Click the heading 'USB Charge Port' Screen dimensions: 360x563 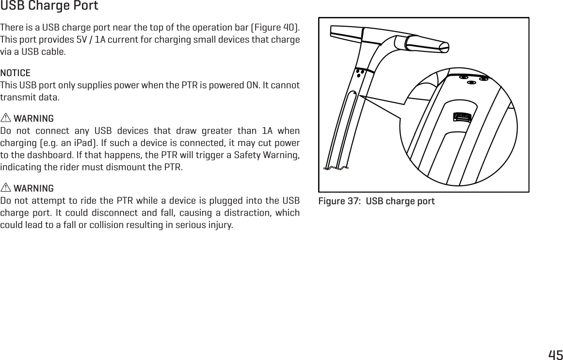[49, 6]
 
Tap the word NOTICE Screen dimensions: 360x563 [16, 73]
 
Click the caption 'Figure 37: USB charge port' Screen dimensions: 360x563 [376, 201]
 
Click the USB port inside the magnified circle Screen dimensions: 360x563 [462, 117]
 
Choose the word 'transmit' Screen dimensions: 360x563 [16, 97]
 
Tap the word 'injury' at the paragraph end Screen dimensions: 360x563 [221, 226]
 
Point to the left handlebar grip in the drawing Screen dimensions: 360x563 [345, 31]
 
